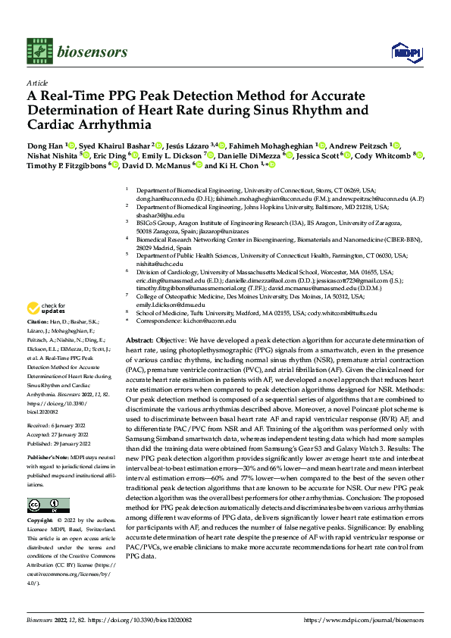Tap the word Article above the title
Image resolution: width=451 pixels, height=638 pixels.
coord(36,84)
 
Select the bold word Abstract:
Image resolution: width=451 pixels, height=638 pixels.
coord(139,342)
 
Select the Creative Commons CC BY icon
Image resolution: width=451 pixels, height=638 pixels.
coord(48,505)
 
